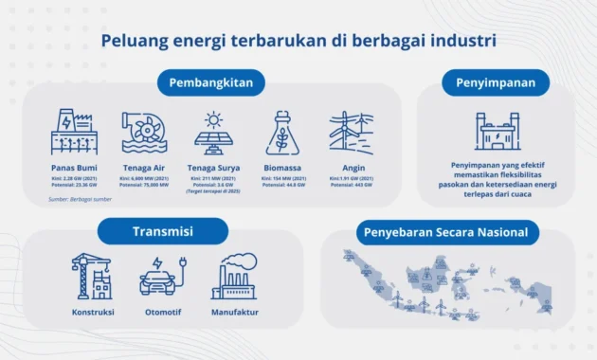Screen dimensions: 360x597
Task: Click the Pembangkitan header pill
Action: tap(211, 82)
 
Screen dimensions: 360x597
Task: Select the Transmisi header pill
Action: tap(163, 231)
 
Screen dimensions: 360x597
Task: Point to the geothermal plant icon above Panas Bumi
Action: tap(74, 133)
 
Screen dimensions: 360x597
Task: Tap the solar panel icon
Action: tap(214, 135)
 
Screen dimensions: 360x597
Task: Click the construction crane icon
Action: tap(93, 276)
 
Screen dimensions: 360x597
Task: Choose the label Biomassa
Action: tap(282, 168)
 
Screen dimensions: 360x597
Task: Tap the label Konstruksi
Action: tap(93, 312)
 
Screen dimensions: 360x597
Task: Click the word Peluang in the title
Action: tap(134, 42)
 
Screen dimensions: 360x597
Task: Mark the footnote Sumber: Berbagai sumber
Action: tap(81, 200)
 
